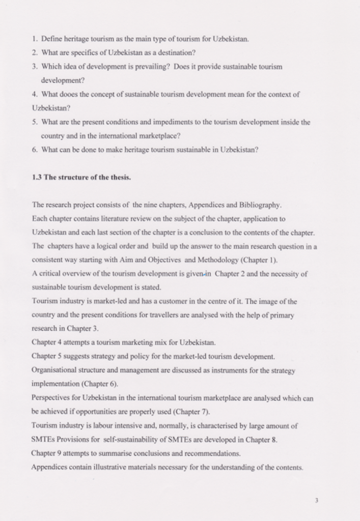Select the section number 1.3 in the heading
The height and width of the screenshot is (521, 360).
pos(37,177)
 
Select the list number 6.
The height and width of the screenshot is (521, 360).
pos(34,150)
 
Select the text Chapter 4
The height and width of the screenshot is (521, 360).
pos(47,342)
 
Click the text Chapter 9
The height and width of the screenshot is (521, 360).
pos(47,453)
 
